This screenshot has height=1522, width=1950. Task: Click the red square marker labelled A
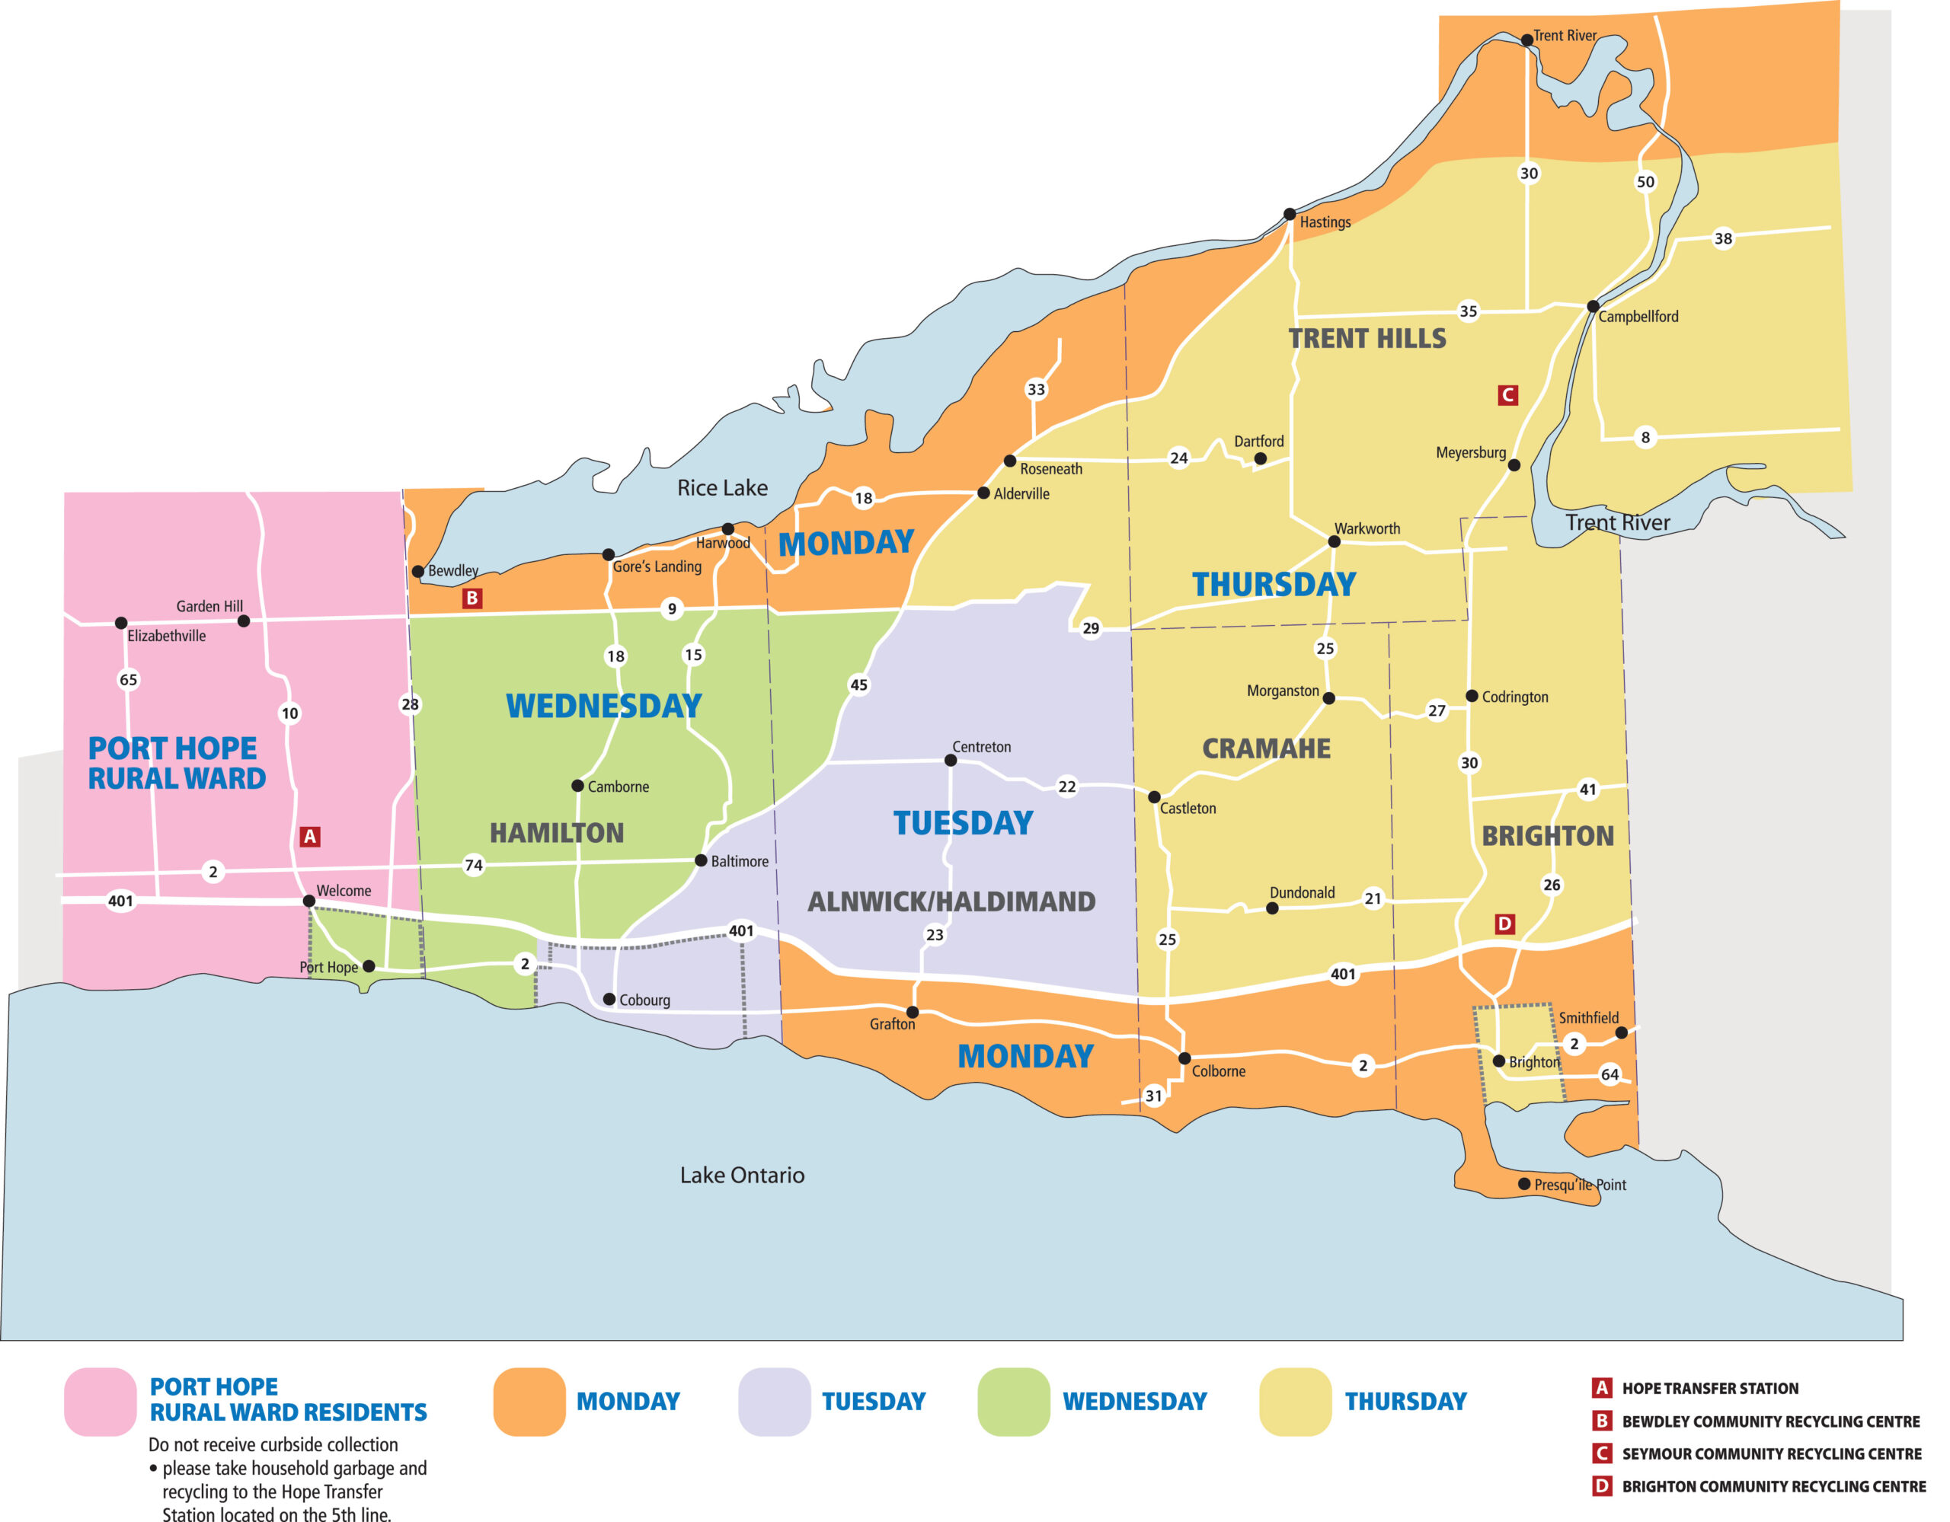click(310, 837)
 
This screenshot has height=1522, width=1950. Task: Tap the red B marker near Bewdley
click(472, 598)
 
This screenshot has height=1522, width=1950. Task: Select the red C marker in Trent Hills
click(1507, 394)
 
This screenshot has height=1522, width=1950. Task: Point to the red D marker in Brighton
click(1504, 924)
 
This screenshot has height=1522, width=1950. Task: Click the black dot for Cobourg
click(609, 999)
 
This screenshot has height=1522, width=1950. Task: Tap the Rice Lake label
click(721, 487)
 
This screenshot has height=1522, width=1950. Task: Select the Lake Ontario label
click(742, 1175)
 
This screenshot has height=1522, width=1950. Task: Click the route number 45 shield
click(858, 684)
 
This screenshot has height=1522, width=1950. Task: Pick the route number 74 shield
click(473, 864)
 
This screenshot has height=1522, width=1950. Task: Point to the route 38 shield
click(1723, 238)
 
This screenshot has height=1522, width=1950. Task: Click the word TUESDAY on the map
click(963, 822)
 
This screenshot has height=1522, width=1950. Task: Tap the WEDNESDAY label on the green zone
click(603, 705)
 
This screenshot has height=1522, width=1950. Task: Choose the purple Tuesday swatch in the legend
click(774, 1402)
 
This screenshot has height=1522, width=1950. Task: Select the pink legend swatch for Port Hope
click(100, 1402)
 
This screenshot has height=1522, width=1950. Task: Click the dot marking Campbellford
click(1592, 306)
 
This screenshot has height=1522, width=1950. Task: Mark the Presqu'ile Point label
click(1580, 1185)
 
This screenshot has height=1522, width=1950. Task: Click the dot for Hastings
click(1290, 214)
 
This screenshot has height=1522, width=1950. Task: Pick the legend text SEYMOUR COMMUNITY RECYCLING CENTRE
click(1772, 1453)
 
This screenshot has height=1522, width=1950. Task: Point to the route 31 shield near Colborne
click(1153, 1096)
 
